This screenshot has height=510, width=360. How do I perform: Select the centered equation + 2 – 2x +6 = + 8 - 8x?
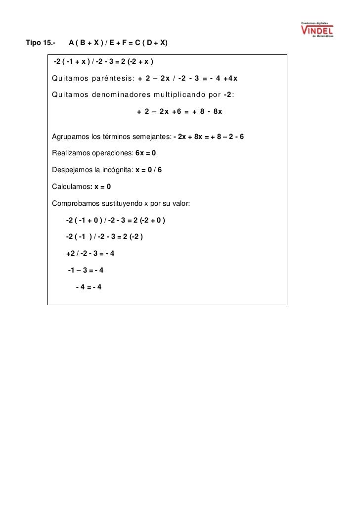click(x=179, y=112)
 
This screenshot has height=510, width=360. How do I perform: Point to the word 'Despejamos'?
click(x=71, y=170)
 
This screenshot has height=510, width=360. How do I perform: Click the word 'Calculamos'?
click(x=71, y=187)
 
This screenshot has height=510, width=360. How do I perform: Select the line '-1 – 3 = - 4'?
click(x=86, y=271)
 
